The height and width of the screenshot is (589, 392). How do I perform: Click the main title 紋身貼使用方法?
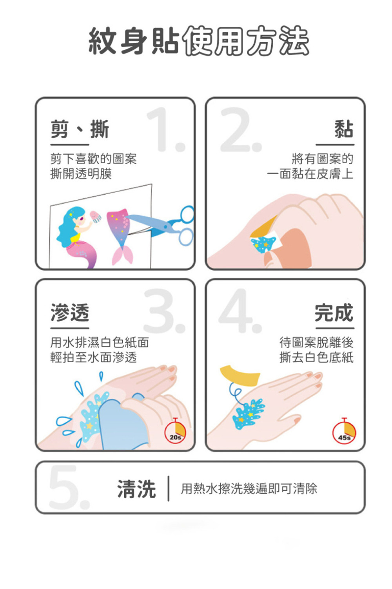[x=199, y=41]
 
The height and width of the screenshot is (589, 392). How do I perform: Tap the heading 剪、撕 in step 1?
[x=80, y=129]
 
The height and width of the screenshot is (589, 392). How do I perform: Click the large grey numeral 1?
[x=166, y=129]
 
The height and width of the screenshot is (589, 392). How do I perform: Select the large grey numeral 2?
[x=241, y=129]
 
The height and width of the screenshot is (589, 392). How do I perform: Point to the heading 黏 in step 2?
[x=344, y=129]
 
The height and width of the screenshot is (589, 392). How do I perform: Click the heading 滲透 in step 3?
[x=70, y=313]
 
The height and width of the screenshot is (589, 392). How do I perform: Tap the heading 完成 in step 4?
[x=334, y=313]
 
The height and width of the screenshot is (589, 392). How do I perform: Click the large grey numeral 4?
[x=240, y=311]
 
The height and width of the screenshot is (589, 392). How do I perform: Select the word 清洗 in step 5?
[x=137, y=489]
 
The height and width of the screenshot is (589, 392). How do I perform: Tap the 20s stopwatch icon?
[x=175, y=432]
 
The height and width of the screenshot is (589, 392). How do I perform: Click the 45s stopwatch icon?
[x=344, y=432]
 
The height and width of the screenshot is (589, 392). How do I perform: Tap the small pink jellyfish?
[x=96, y=217]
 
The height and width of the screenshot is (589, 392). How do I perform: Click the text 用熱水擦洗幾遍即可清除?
[x=249, y=489]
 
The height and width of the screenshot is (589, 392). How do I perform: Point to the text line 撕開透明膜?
[x=81, y=173]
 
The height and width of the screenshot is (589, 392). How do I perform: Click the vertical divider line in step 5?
[x=168, y=489]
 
